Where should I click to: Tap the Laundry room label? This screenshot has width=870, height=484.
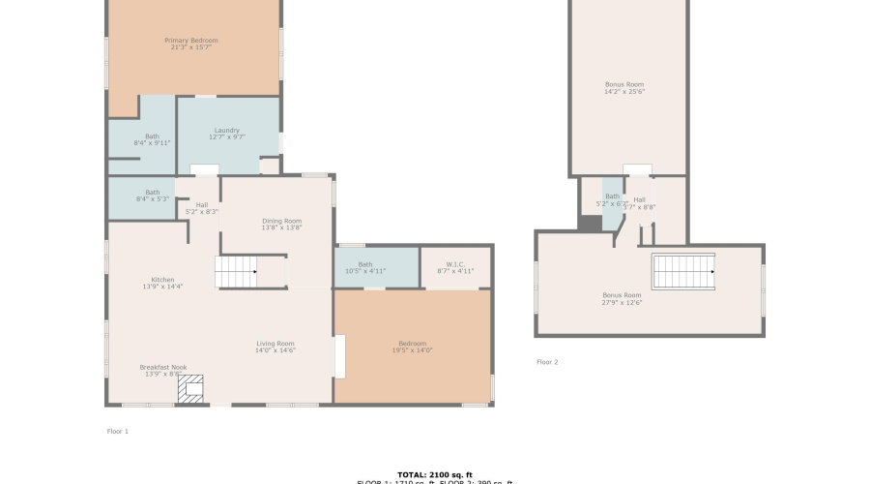(227, 134)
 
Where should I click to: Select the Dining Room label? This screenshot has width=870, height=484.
(282, 225)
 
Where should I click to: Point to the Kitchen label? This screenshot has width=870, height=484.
(162, 283)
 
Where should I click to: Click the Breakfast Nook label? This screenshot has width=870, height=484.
(162, 370)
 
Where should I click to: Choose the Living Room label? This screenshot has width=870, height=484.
(275, 347)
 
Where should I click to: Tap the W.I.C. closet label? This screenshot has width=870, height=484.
(455, 267)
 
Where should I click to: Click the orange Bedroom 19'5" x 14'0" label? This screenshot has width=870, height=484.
(413, 347)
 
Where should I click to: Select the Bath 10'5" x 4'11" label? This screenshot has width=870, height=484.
(365, 267)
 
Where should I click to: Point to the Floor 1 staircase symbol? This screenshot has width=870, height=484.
(235, 272)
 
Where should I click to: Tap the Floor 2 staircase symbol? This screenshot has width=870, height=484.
(682, 271)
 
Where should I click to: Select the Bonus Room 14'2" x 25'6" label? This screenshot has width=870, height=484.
(623, 88)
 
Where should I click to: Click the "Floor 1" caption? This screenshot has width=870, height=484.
(117, 431)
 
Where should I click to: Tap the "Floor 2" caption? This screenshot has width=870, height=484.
(547, 362)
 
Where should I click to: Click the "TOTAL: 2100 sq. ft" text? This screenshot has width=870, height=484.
(435, 474)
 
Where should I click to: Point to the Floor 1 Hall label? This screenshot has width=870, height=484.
(201, 207)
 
